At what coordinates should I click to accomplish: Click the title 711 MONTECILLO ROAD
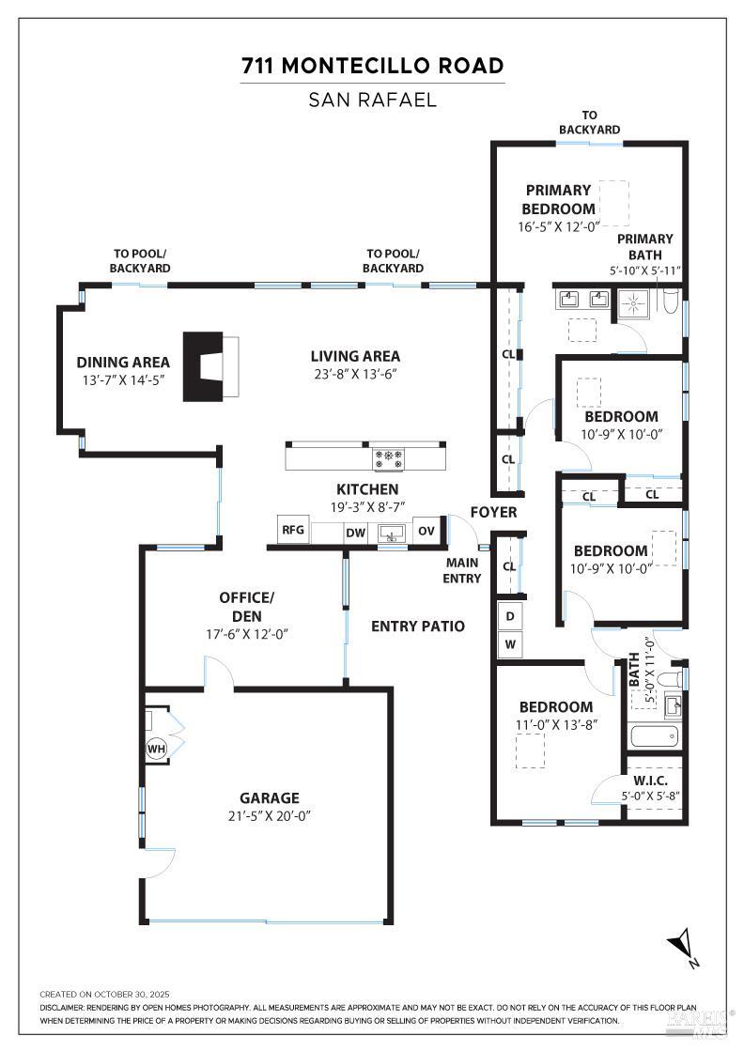(372, 66)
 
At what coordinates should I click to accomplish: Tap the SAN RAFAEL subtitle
(372, 100)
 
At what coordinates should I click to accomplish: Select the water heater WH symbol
(156, 750)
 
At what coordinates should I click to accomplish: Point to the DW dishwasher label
(355, 533)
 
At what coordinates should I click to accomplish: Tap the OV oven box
(426, 531)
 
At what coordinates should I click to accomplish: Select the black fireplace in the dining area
(205, 366)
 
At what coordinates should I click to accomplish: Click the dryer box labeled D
(510, 617)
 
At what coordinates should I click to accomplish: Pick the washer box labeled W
(510, 645)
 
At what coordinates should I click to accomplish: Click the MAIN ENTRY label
(462, 570)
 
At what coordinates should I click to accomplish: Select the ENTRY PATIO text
(417, 626)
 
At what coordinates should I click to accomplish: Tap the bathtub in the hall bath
(655, 735)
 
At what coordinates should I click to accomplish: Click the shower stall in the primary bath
(633, 302)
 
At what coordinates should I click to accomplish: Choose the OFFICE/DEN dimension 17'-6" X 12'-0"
(246, 634)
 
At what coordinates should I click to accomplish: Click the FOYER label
(494, 513)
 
